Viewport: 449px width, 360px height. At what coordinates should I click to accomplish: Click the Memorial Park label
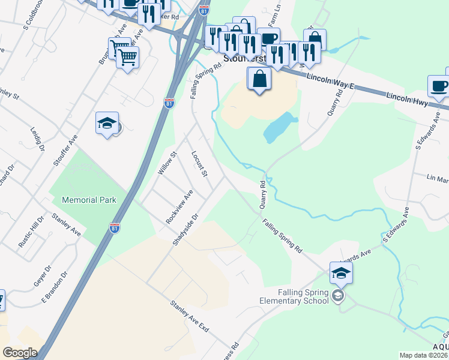[x=89, y=199]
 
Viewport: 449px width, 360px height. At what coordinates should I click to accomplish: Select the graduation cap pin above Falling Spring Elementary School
[x=341, y=274]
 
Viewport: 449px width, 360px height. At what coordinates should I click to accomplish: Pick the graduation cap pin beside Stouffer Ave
[x=107, y=124]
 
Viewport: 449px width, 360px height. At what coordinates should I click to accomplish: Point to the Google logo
[x=20, y=353]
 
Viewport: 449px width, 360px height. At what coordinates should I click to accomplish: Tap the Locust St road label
[x=199, y=164]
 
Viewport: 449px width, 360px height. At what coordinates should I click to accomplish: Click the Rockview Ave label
[x=179, y=206]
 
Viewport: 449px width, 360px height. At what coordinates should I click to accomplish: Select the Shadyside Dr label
[x=185, y=229]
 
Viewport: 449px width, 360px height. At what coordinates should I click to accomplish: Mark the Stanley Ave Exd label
[x=189, y=316]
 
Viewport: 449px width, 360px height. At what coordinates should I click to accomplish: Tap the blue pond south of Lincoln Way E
[x=278, y=128]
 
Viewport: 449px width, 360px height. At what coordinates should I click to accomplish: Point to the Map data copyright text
[x=424, y=355]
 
